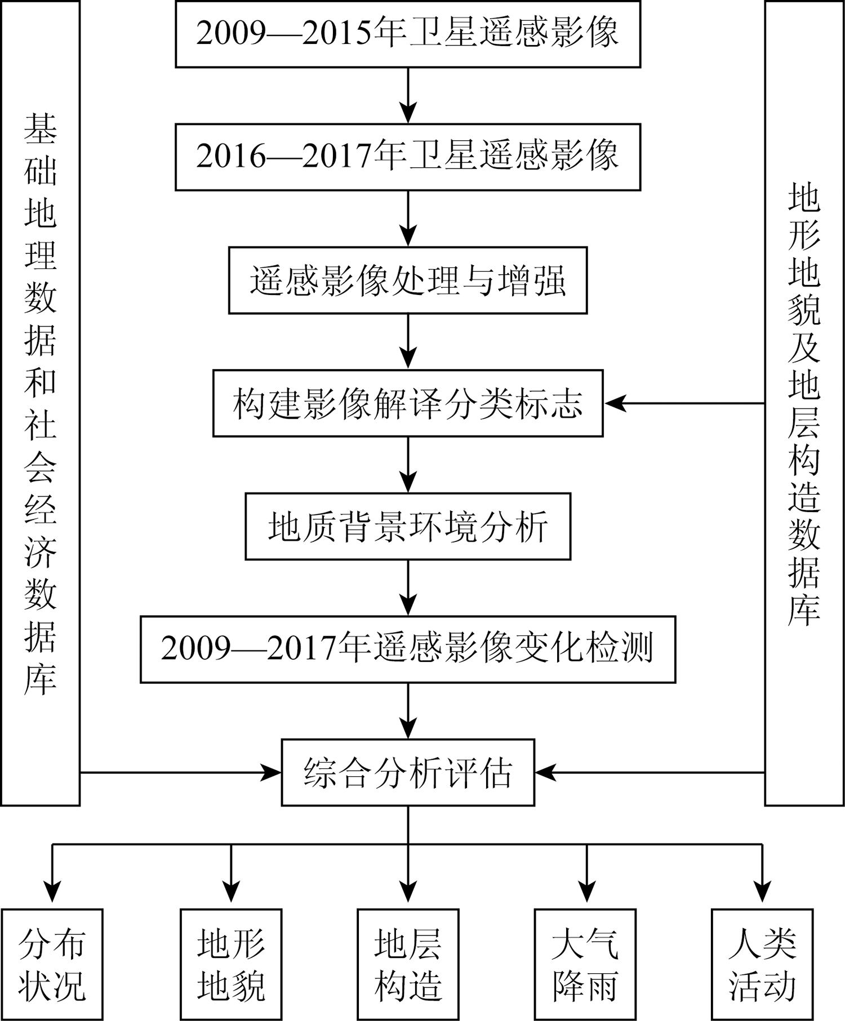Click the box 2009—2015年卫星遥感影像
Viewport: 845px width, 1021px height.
pos(408,34)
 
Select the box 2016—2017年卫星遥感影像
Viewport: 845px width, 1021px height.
pos(408,157)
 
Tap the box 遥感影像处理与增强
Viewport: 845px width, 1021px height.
pos(408,280)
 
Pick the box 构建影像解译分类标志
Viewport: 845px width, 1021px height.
pos(408,403)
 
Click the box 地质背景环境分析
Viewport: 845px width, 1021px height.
pos(408,526)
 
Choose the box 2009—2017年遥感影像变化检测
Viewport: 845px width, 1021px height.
pos(408,649)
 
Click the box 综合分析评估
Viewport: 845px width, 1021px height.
pos(408,772)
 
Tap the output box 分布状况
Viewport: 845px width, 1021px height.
pos(52,964)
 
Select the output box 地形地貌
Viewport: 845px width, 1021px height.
pos(231,964)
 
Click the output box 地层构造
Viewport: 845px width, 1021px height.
pos(408,964)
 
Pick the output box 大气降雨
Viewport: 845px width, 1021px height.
pos(586,964)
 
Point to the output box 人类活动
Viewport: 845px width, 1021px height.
pos(762,964)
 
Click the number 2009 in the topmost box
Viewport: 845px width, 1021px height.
pos(231,34)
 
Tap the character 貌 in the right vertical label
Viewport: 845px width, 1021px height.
pos(804,307)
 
